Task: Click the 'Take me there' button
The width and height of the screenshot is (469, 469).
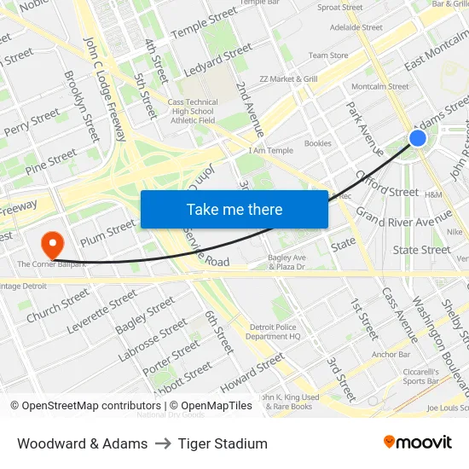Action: click(234, 209)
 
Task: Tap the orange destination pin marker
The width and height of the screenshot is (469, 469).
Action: click(53, 245)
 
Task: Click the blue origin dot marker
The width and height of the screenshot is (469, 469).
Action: click(417, 138)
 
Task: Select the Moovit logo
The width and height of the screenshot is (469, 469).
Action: click(417, 443)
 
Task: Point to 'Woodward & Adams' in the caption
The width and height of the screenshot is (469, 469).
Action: click(82, 443)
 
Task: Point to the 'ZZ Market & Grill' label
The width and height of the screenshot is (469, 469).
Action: click(288, 79)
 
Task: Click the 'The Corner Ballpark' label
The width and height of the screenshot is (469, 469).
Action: click(54, 264)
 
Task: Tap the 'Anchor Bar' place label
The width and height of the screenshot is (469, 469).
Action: click(391, 354)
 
